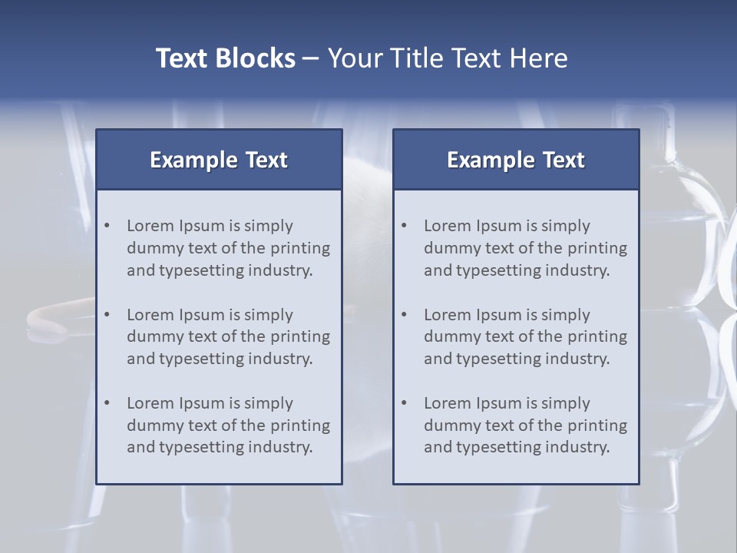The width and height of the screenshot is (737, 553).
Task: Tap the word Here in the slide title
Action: click(538, 58)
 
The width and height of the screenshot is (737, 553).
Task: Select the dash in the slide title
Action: click(311, 59)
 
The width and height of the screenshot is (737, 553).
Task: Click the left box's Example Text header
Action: click(219, 160)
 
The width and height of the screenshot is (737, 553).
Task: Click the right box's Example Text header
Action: click(516, 160)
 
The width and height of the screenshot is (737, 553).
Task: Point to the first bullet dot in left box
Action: click(107, 226)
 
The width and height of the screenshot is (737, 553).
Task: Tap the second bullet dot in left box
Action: click(107, 315)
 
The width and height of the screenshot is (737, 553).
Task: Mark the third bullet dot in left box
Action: click(107, 403)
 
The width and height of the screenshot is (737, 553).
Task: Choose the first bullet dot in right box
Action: click(405, 226)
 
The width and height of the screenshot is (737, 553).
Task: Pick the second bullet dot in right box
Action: click(405, 315)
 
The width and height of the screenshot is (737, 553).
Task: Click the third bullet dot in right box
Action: click(405, 403)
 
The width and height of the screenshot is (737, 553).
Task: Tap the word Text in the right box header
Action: click(564, 160)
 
